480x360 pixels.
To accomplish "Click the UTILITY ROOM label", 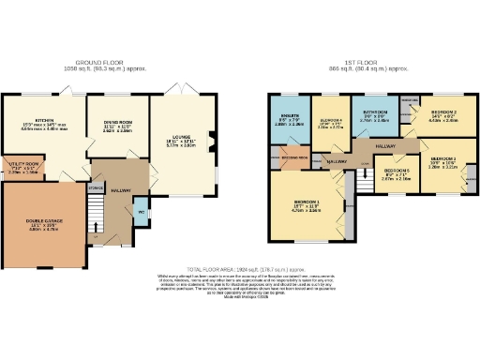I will point(23,166).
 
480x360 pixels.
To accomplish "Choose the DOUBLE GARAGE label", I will point(41,222).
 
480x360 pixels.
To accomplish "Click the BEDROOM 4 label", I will point(330,122).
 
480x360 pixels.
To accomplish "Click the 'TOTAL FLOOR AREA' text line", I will point(240,267).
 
